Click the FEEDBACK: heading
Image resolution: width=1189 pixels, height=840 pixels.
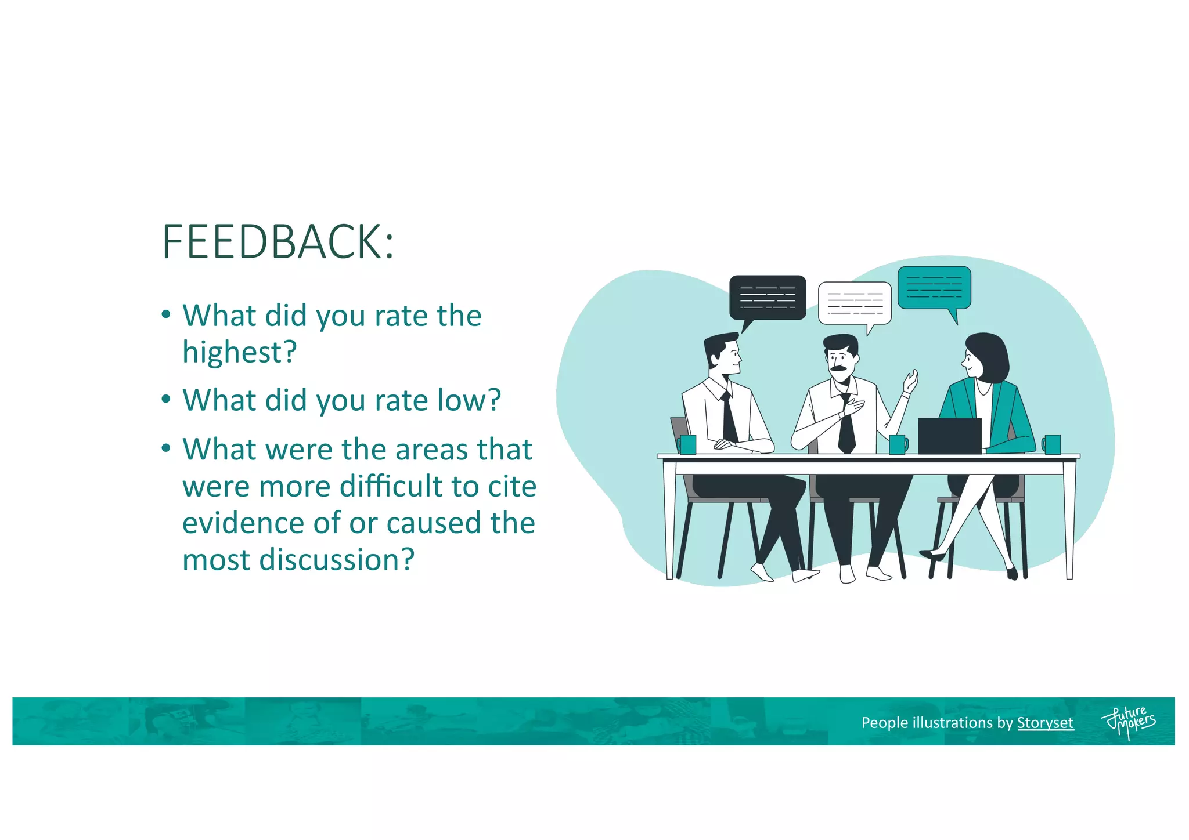click(278, 242)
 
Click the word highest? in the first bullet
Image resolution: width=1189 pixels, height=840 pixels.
click(239, 352)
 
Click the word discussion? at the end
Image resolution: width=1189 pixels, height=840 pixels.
click(337, 560)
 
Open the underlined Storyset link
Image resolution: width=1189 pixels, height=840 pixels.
click(1045, 723)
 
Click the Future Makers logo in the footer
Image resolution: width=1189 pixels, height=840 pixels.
click(1128, 722)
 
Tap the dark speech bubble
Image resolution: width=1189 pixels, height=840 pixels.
click(768, 297)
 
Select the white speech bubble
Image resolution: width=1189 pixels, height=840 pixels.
click(854, 303)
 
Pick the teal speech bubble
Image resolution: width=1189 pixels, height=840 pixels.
click(934, 288)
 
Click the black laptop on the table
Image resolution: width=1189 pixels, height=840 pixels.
click(950, 436)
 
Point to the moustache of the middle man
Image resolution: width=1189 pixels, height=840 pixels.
click(838, 368)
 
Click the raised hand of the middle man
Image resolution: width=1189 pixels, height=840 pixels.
click(910, 383)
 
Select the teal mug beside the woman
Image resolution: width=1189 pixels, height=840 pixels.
click(1052, 444)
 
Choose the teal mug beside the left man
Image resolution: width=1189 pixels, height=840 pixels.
click(687, 444)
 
